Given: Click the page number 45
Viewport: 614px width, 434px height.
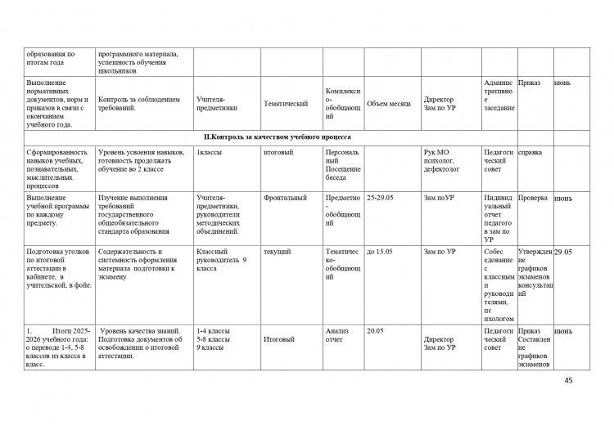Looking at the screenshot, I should pos(570,381).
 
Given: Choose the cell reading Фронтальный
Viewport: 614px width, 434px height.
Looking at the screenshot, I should pos(285,198).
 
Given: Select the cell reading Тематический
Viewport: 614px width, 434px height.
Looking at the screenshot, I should pos(286,104).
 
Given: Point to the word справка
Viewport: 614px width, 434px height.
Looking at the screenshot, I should pos(530,152).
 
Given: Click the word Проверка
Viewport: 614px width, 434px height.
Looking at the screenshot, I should pos(533,198).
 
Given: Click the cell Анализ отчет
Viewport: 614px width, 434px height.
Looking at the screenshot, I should pos(338,335).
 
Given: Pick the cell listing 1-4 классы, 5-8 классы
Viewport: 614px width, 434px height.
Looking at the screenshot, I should pos(214,339).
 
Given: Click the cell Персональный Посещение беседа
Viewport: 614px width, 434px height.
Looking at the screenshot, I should pos(342,165).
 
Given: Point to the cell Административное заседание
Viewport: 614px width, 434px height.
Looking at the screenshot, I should pos(499,95).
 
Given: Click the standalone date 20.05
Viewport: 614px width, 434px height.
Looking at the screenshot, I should pos(376,330).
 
